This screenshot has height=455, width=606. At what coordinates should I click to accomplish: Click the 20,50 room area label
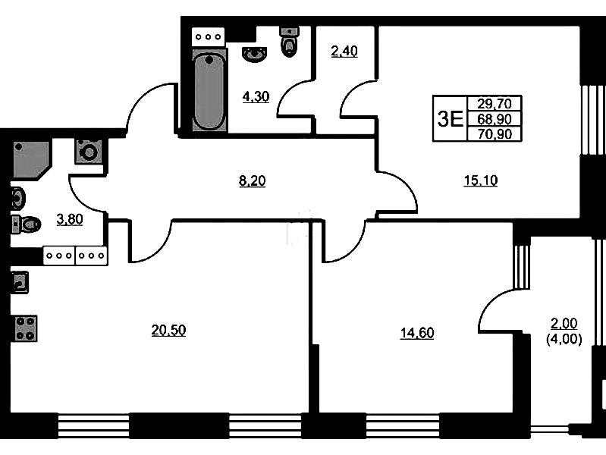[x=168, y=331]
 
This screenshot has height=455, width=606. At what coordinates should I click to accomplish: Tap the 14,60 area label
[x=417, y=333]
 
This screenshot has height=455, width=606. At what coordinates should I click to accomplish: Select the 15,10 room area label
[x=481, y=180]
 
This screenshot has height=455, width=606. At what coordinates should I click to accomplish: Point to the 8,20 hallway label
[x=253, y=181]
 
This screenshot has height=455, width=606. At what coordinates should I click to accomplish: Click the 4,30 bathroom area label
[x=256, y=96]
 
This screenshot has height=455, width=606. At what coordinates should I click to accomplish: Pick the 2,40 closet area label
[x=344, y=51]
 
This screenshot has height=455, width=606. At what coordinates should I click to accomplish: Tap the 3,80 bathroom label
[x=70, y=220]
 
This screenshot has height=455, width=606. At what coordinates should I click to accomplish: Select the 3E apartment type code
[x=451, y=118]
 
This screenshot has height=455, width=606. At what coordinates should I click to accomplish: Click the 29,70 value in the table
[x=495, y=104]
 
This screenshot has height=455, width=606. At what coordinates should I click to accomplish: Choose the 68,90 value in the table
[x=495, y=118]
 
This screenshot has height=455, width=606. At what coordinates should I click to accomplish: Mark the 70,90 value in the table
[x=495, y=133]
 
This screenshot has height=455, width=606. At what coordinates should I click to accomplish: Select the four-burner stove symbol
[x=27, y=328]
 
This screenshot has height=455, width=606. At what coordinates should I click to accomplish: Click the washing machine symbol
[x=89, y=152]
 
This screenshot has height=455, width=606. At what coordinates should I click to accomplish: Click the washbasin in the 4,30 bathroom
[x=254, y=54]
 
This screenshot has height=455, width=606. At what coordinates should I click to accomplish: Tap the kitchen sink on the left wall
[x=19, y=283]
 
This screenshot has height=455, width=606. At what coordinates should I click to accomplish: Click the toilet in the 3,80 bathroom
[x=27, y=224]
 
